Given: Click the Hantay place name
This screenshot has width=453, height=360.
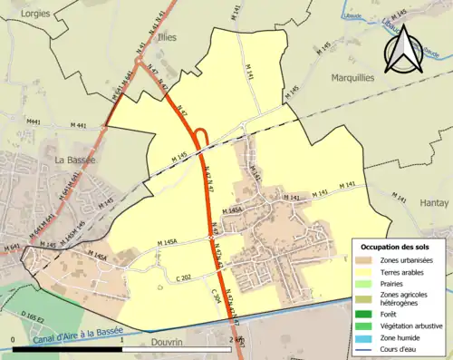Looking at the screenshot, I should tap(435, 204).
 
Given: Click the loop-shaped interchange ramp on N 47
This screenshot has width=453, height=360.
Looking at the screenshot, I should tap(202, 138).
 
